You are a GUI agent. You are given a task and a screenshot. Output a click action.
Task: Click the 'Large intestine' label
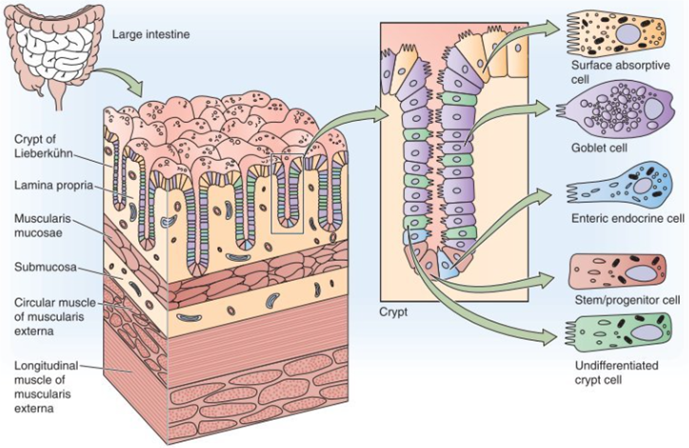[x=150, y=35]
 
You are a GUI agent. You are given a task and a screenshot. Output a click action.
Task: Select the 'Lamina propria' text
[x=49, y=185]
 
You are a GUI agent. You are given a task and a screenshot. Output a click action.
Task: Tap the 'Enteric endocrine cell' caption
[x=627, y=218]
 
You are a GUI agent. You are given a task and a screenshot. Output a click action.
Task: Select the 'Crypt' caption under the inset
[x=394, y=312]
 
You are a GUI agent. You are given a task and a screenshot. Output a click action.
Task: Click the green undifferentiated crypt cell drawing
[x=618, y=334]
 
